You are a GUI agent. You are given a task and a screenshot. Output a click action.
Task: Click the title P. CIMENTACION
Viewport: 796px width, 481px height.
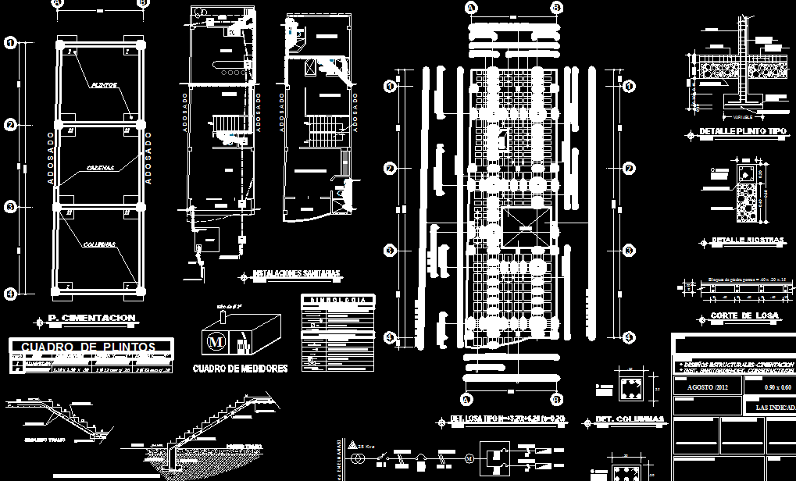point(91,318)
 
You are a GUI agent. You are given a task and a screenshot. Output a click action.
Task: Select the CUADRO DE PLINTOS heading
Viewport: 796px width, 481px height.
point(91,347)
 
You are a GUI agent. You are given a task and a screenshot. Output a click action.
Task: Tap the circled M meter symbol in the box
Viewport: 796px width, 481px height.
point(215,341)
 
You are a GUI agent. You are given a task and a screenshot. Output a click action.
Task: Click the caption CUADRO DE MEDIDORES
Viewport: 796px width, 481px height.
point(240,369)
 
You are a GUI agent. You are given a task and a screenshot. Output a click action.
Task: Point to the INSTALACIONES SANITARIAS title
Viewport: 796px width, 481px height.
point(296,274)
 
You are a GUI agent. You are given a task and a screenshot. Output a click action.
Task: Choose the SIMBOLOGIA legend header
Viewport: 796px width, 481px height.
point(337,299)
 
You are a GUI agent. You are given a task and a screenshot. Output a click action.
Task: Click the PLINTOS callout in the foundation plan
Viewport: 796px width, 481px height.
point(104,84)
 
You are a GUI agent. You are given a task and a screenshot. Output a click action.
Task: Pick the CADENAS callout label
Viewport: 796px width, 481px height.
point(101,168)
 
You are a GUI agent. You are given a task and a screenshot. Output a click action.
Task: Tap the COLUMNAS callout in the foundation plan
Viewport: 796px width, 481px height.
point(99,244)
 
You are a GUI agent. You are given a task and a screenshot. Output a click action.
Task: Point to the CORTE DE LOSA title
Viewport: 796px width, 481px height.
point(742,315)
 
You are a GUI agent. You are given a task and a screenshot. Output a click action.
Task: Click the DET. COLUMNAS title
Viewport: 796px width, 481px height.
point(629,419)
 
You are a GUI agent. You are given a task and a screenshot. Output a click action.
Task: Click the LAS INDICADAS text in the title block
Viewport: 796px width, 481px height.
point(775,407)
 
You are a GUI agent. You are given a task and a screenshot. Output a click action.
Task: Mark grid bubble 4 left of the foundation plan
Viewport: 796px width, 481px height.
point(10,294)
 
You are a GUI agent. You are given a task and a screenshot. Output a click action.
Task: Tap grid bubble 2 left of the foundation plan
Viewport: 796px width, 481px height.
point(10,125)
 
